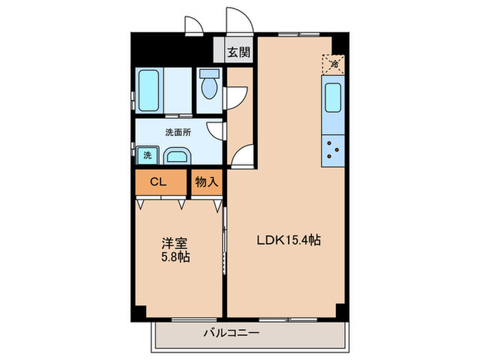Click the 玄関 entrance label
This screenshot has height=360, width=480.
point(239,51)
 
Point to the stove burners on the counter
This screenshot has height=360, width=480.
point(333,149)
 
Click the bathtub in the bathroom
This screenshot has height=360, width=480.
point(149,91)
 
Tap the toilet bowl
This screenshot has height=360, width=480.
point(208,89)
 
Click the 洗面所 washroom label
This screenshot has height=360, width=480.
point(176,131)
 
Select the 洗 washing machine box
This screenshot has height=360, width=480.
point(147,155)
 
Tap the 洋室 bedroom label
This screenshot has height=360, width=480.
point(173,243)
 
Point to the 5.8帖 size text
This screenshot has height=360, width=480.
point(176,258)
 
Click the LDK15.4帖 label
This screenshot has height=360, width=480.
point(289,241)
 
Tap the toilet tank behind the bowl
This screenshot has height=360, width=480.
point(208,72)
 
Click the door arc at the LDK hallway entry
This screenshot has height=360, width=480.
point(241,158)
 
